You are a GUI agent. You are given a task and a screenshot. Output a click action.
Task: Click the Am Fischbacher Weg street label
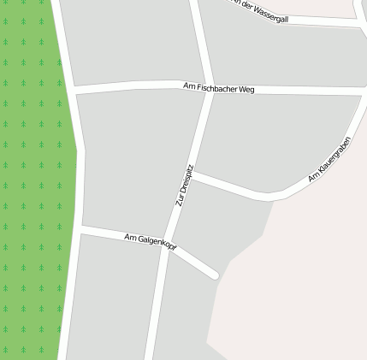[x=219, y=88]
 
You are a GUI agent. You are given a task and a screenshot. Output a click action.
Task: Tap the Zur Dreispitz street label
[x=185, y=186]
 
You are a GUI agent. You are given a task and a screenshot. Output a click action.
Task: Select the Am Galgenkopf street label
[x=151, y=242]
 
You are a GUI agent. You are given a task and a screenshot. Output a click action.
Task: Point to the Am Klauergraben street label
[x=329, y=159]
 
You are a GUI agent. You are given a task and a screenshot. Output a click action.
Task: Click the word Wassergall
[x=271, y=13]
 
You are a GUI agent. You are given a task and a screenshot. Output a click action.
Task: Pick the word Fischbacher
[x=216, y=88]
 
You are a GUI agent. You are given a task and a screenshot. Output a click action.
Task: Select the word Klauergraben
[x=334, y=155]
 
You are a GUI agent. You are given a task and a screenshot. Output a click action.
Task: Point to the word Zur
[x=180, y=201]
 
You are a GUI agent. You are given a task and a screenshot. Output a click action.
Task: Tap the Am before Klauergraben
[x=312, y=177]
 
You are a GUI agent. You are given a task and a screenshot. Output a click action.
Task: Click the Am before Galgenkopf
[x=130, y=237]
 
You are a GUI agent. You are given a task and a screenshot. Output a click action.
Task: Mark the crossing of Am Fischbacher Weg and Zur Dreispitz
[x=209, y=89]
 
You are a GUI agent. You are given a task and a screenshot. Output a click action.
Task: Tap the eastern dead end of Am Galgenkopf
[x=214, y=274]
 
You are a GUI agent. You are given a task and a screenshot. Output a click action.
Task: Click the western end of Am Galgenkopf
[x=81, y=229]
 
